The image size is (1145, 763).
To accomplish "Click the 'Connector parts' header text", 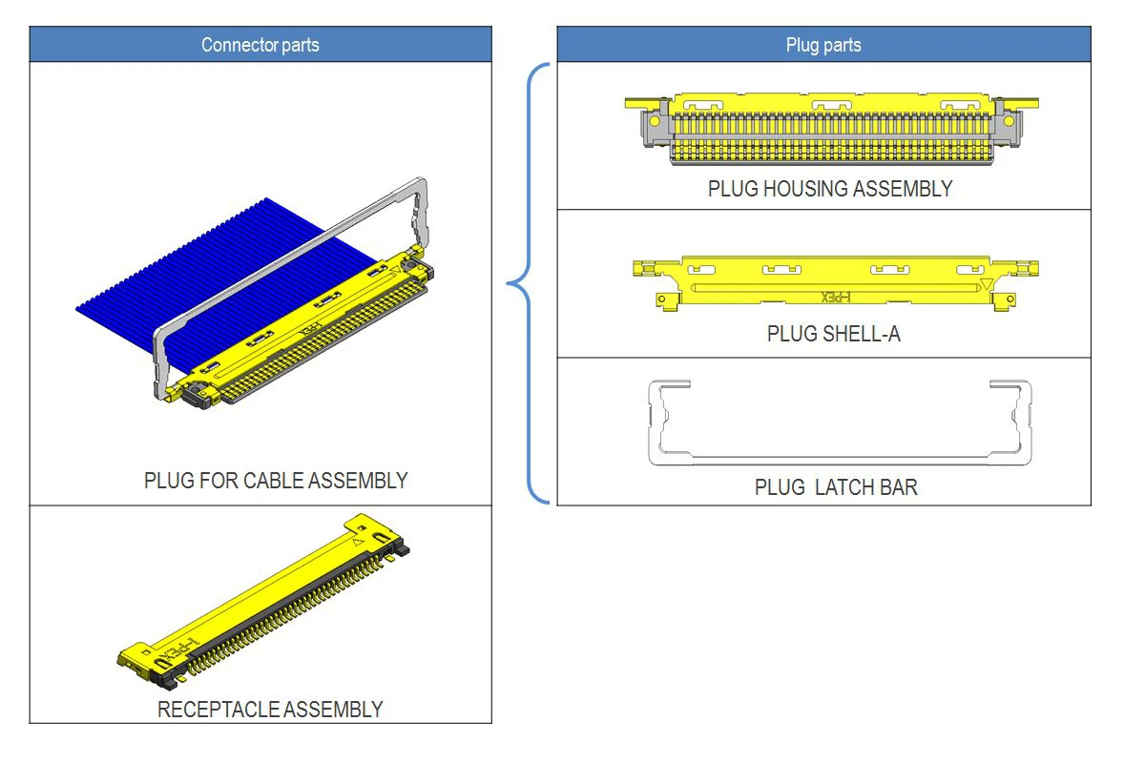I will pyautogui.click(x=260, y=45).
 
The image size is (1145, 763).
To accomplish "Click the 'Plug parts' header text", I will pyautogui.click(x=822, y=45).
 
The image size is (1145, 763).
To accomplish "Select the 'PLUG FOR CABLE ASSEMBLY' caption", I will pyautogui.click(x=276, y=481).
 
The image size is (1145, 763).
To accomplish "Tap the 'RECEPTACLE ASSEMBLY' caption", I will pyautogui.click(x=270, y=710).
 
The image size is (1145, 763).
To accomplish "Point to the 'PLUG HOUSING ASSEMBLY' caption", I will pyautogui.click(x=829, y=189).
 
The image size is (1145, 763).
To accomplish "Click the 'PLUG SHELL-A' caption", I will pyautogui.click(x=833, y=334).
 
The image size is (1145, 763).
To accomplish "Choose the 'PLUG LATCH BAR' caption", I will pyautogui.click(x=836, y=487).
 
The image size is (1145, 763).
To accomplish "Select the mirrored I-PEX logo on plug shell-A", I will pyautogui.click(x=835, y=298).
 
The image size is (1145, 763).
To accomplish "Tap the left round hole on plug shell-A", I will pyautogui.click(x=661, y=299).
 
